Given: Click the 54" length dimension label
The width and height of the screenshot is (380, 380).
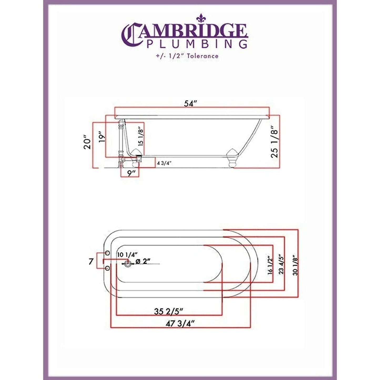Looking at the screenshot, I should [x=191, y=104].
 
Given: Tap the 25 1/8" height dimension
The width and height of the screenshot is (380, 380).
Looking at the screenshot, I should [x=274, y=142].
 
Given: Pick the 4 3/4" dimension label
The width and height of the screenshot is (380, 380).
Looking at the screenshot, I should [x=164, y=163].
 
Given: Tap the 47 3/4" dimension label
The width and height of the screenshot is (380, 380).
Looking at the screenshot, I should [x=180, y=324].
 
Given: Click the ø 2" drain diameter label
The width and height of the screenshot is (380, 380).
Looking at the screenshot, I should [x=143, y=262].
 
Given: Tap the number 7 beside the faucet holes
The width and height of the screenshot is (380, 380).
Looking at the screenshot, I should [x=91, y=262].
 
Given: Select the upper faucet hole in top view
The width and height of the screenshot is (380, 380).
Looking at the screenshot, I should [x=107, y=253].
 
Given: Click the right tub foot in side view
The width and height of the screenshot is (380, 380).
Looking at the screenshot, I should [x=232, y=158].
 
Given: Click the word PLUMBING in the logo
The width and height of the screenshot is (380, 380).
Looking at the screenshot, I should [x=197, y=44].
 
